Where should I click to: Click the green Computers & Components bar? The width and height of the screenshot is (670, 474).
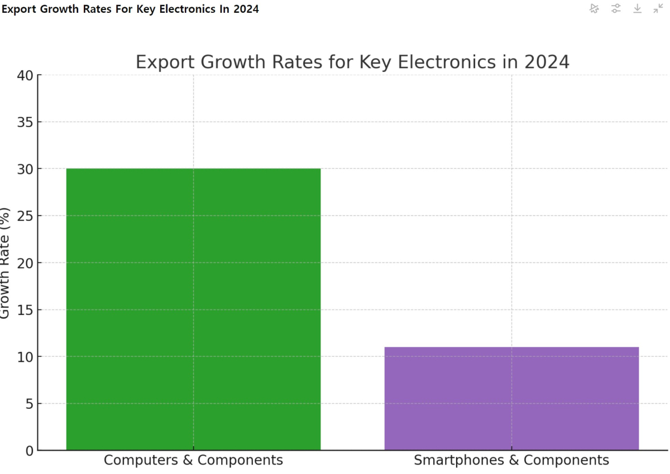193,309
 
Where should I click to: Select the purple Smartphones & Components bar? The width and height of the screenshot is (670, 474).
511,398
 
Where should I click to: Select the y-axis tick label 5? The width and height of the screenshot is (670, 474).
29,404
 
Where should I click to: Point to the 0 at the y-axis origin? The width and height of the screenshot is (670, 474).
29,451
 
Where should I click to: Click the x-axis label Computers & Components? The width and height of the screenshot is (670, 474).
193,461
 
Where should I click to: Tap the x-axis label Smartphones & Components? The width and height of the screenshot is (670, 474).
511,461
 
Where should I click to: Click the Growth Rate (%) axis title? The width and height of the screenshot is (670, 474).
5,262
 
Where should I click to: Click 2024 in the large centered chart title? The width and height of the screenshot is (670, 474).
547,62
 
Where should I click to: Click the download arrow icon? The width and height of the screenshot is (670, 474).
638,8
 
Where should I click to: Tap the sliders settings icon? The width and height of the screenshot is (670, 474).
616,8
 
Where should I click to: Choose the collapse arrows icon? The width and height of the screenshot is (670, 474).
658,8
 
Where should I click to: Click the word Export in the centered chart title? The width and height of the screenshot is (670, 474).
165,62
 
